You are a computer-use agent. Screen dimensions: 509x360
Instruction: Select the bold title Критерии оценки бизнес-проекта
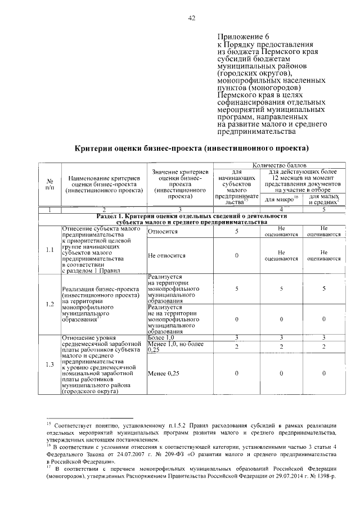(x=192, y=149)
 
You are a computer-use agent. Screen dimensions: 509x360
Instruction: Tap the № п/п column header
(x=49, y=184)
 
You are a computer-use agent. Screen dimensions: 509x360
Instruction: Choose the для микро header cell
(x=280, y=200)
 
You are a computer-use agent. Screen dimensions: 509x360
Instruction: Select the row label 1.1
(x=49, y=249)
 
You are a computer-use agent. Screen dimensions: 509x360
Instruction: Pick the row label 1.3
(x=49, y=365)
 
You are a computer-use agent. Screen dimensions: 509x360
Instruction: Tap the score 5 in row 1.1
(x=237, y=231)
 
